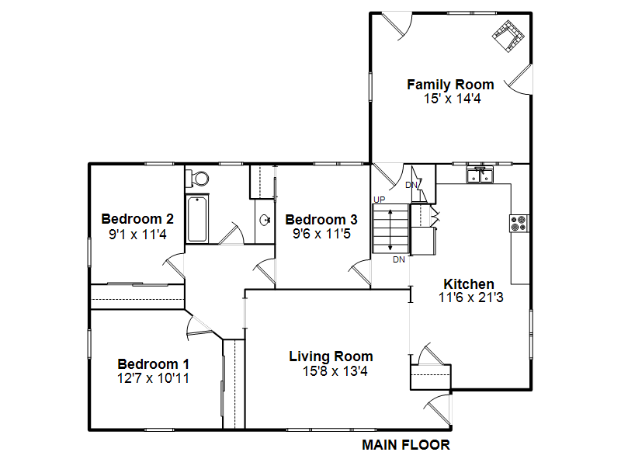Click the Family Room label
pyautogui.click(x=450, y=85)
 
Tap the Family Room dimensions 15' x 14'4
pyautogui.click(x=453, y=99)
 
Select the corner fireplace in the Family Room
pyautogui.click(x=508, y=36)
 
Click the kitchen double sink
pyautogui.click(x=480, y=176)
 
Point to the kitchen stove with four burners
pyautogui.click(x=519, y=224)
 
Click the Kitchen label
pyautogui.click(x=469, y=283)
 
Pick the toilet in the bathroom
pyautogui.click(x=197, y=179)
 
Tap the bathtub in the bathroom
pyautogui.click(x=197, y=218)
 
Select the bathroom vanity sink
pyautogui.click(x=265, y=220)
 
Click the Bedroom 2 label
pyautogui.click(x=137, y=219)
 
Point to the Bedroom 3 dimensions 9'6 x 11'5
pyautogui.click(x=321, y=234)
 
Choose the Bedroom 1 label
pyautogui.click(x=153, y=363)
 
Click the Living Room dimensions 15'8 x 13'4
pyautogui.click(x=335, y=371)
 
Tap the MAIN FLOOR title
pyautogui.click(x=406, y=445)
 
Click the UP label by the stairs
pyautogui.click(x=379, y=200)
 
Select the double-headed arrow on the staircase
pyautogui.click(x=390, y=230)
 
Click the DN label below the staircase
pyautogui.click(x=399, y=259)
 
